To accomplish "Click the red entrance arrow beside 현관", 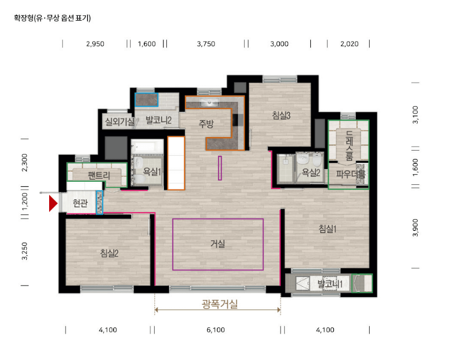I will point(53,203).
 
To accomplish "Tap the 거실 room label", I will point(218,244).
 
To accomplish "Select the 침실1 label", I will point(328,229).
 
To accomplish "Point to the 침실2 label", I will point(110,252).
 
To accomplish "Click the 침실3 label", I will point(282,115).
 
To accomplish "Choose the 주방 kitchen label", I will point(206,123).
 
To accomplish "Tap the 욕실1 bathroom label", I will point(152,173).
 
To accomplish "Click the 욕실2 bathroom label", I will point(311,173).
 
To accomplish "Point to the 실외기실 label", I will point(119,122).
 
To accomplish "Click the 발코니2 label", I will point(158,120).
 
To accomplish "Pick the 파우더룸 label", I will point(351,174).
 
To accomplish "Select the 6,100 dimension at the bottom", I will point(216,330).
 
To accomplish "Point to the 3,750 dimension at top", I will point(206,44).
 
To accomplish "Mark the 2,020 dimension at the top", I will point(349,44).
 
